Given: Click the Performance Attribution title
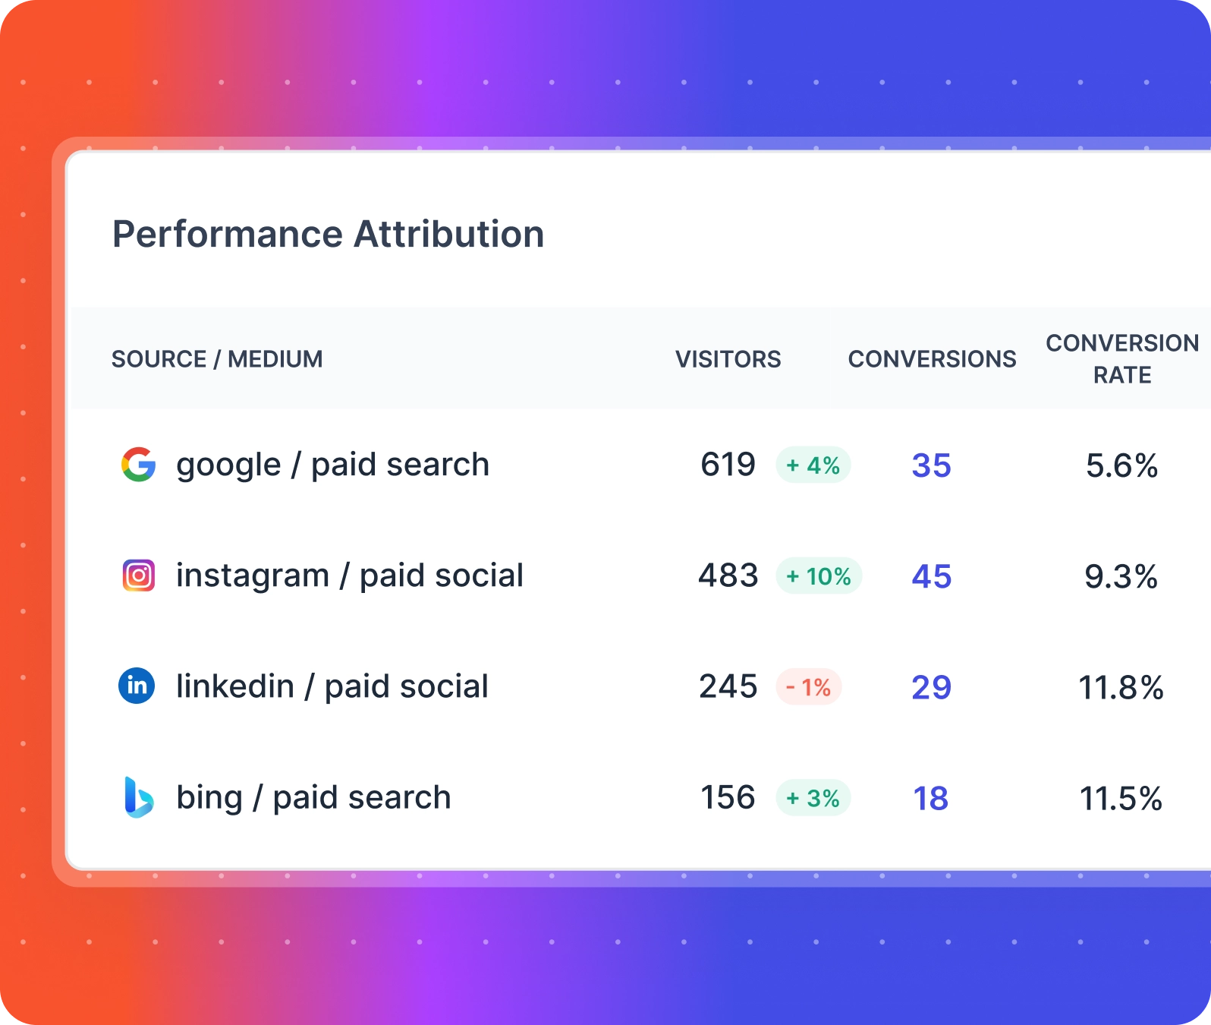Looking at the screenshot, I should (x=328, y=235).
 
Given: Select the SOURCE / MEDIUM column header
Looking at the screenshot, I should (x=217, y=359).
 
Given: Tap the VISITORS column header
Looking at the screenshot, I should (x=728, y=359).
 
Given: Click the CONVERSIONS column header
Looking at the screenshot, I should (x=932, y=359).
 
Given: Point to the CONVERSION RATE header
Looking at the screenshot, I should (x=1122, y=359).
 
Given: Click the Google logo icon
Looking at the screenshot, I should (x=138, y=465).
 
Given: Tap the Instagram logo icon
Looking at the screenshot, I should (x=138, y=576).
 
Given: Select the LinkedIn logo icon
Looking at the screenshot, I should (x=137, y=686).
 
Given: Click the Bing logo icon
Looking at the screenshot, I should (x=138, y=797).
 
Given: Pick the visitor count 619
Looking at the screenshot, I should (x=728, y=465).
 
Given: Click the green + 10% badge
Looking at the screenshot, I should (x=819, y=576).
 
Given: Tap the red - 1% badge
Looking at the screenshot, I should (x=808, y=687).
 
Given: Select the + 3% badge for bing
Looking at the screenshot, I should (x=813, y=798).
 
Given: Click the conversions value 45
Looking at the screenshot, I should (x=931, y=576).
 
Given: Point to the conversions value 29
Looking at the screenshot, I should (x=931, y=687).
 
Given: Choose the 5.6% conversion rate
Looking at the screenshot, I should (x=1121, y=465).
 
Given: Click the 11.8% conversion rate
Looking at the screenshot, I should (x=1121, y=688).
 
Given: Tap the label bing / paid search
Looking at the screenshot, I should (x=313, y=798).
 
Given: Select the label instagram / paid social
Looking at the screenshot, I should (x=349, y=576).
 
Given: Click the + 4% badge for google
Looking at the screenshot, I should (x=813, y=465).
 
